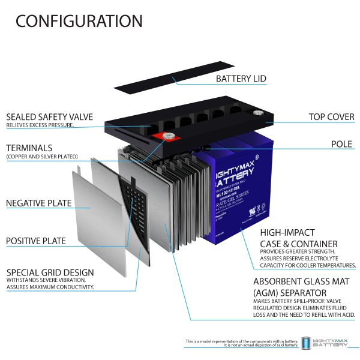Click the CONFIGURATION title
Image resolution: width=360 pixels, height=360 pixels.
pyautogui.click(x=79, y=22)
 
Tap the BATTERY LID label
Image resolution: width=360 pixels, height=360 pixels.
pyautogui.click(x=241, y=79)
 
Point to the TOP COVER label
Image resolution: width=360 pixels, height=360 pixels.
pyautogui.click(x=331, y=116)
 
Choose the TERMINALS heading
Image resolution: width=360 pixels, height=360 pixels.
pyautogui.click(x=29, y=148)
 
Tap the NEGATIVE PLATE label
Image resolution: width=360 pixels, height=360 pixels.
pyautogui.click(x=39, y=203)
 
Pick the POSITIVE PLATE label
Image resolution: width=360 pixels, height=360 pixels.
pyautogui.click(x=36, y=241)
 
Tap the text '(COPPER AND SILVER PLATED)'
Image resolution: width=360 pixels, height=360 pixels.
pyautogui.click(x=42, y=157)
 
